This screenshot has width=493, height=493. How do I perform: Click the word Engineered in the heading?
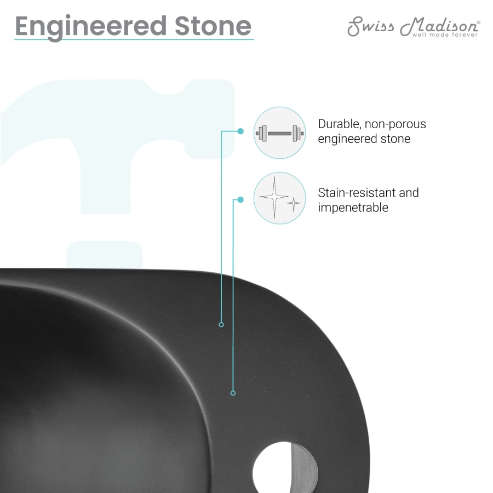90,26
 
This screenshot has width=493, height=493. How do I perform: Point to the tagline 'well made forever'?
445,35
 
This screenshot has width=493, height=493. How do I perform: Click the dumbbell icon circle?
279,133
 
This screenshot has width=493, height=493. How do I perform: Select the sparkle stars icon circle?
279,198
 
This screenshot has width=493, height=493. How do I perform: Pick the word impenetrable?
353,208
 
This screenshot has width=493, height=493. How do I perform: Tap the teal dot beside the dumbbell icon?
240,131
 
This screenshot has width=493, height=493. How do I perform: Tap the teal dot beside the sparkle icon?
240,199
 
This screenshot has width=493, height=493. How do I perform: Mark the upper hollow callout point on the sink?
221,325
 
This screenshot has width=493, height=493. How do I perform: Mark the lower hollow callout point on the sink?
233,393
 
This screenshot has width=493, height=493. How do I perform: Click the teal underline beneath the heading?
134,39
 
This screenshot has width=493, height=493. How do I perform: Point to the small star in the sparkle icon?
294,204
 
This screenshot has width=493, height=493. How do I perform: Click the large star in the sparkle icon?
273,196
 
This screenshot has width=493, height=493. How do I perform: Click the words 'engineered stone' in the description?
364,139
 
